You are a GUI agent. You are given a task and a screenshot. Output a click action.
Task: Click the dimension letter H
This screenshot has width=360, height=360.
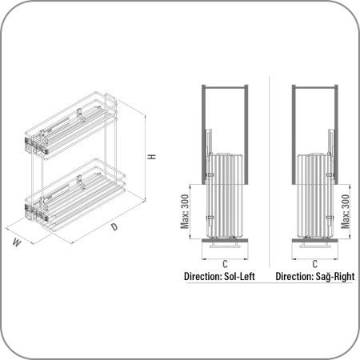click(x=152, y=157)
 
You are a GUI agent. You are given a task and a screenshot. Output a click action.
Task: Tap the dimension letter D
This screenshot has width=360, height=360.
click(x=114, y=227)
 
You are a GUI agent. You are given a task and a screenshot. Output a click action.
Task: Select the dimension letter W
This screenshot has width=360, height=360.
click(x=17, y=242)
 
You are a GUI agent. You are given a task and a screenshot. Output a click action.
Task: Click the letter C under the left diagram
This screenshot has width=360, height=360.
click(x=225, y=264)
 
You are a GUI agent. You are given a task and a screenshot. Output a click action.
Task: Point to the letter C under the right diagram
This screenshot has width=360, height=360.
click(x=315, y=264)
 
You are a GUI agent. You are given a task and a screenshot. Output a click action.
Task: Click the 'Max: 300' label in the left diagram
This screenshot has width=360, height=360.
click(x=185, y=211)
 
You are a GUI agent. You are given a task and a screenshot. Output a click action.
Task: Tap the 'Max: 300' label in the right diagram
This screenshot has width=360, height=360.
click(x=345, y=211)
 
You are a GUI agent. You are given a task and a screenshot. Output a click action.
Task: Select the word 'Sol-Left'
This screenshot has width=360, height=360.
click(x=239, y=276)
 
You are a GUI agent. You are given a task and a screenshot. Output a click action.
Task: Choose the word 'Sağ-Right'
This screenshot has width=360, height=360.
click(x=335, y=277)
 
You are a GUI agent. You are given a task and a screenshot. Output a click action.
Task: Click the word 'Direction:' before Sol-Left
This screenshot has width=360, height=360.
click(x=203, y=276)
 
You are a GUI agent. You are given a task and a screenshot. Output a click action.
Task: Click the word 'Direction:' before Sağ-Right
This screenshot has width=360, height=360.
click(x=294, y=276)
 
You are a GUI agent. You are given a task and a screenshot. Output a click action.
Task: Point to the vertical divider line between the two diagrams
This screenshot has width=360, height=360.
click(x=269, y=171)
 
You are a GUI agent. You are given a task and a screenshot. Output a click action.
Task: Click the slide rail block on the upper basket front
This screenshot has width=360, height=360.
click(x=37, y=146)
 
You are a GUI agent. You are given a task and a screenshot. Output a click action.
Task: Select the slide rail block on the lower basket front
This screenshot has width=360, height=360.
click(x=37, y=213)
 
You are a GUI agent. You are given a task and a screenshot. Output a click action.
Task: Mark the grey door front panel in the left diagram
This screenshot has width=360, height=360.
click(x=225, y=241)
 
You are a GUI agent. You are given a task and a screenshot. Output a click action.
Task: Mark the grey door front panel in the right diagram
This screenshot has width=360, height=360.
click(x=315, y=241)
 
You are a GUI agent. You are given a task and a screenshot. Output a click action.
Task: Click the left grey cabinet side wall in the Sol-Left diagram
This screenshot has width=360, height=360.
click(x=203, y=134)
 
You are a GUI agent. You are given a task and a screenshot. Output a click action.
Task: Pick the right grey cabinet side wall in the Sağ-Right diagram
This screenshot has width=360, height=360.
click(x=336, y=134)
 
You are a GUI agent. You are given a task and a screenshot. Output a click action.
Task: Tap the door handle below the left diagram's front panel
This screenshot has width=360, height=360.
click(x=225, y=245)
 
